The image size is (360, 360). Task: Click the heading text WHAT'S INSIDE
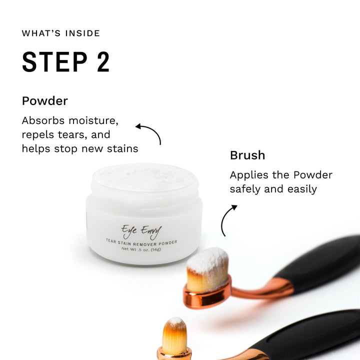(x=61, y=33)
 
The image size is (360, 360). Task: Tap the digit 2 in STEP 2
(x=103, y=62)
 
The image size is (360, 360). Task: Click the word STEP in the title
(x=54, y=62)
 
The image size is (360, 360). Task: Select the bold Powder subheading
(x=45, y=101)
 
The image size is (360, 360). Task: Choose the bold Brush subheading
(x=247, y=155)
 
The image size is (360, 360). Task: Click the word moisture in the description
(x=93, y=120)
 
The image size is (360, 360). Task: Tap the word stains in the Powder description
(x=122, y=148)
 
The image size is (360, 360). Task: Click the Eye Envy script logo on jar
(x=141, y=231)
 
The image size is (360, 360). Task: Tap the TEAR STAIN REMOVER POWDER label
(x=141, y=242)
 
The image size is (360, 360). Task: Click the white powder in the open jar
(x=144, y=177)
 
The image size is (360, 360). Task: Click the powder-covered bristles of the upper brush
(x=208, y=268)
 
